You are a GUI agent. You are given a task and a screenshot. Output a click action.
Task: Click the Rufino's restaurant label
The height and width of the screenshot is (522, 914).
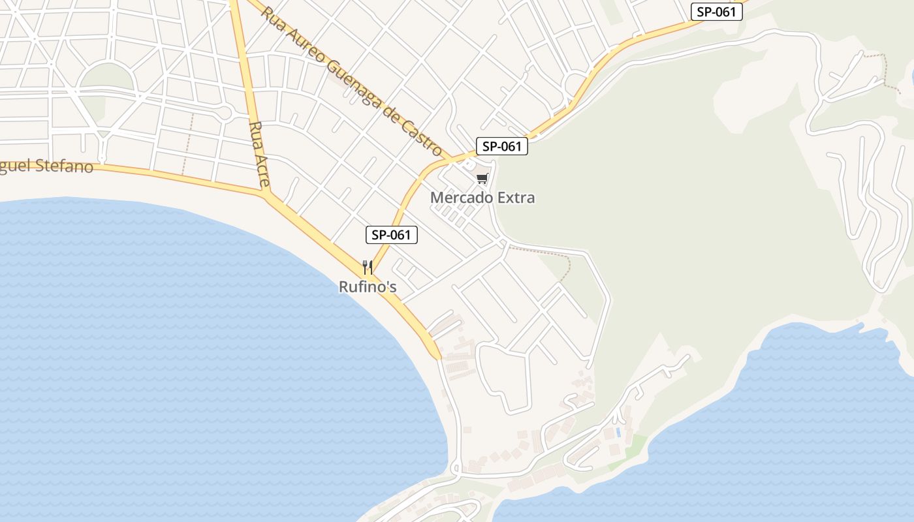[368, 287]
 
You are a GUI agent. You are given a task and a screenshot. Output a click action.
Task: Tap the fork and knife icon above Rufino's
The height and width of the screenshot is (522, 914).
[368, 268]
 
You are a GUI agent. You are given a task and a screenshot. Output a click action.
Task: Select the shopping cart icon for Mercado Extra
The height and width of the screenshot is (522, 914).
[482, 178]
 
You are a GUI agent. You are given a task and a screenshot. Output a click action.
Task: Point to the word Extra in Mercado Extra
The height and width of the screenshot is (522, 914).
[516, 198]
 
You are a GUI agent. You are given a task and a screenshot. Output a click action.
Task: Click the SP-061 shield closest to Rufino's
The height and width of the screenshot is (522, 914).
[391, 235]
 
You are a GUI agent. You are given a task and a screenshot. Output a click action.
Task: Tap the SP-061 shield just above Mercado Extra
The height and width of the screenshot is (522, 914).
[501, 146]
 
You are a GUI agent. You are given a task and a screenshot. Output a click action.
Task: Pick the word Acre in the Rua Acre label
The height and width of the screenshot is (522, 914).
[260, 170]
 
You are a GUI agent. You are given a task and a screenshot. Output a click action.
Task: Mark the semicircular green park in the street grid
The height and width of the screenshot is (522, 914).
[106, 77]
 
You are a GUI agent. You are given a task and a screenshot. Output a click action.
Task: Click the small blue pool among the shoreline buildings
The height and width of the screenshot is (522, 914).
[618, 431]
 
